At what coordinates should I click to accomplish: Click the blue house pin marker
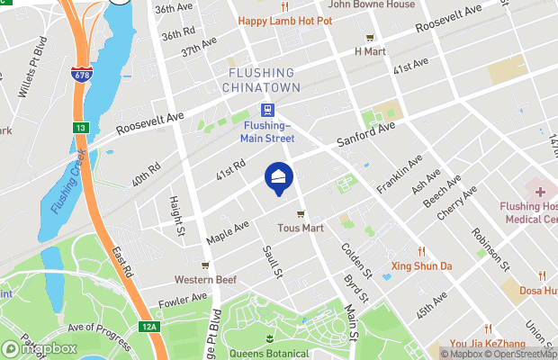click(279, 176)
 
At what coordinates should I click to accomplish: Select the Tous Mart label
click(301, 228)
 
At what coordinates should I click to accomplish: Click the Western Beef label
click(205, 279)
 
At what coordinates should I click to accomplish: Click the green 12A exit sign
click(148, 326)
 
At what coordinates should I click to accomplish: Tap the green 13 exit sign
click(80, 128)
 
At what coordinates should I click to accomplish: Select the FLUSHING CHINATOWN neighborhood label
click(260, 81)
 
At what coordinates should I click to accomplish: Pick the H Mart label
click(369, 50)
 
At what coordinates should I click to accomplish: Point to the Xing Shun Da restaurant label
click(420, 265)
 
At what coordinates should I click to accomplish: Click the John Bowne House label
click(371, 4)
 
